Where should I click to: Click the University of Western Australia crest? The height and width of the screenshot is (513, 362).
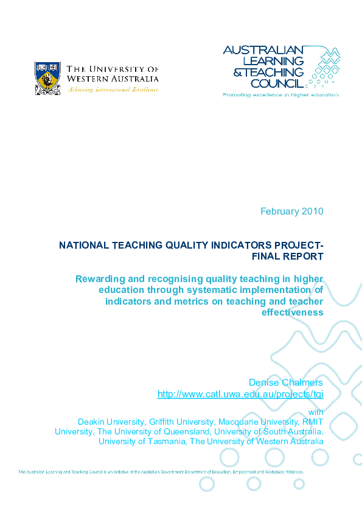(x=47, y=77)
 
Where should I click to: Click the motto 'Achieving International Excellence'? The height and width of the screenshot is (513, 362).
(x=113, y=89)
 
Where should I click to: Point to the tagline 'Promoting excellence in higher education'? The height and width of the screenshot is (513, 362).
(x=280, y=95)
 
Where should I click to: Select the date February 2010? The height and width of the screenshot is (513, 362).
(x=292, y=211)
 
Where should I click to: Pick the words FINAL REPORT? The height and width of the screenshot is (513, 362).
(x=288, y=256)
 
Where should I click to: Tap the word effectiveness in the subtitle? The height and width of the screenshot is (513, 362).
(x=293, y=313)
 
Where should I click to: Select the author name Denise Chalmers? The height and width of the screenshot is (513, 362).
(x=286, y=383)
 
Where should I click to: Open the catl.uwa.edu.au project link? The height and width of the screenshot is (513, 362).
(x=240, y=394)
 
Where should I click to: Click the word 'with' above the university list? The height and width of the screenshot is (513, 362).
(x=316, y=412)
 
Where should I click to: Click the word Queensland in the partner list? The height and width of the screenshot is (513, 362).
(x=185, y=431)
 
